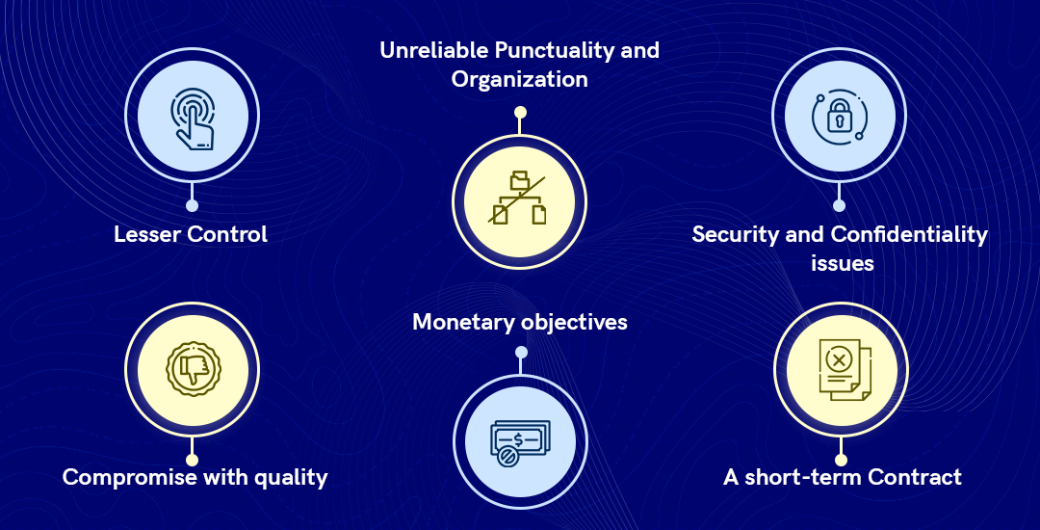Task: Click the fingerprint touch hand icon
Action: coord(193,119)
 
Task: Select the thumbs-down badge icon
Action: coord(193,369)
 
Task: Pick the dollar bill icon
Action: coord(520,441)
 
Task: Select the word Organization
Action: coord(519,80)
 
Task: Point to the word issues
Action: coord(843,263)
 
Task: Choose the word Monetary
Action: coord(463,323)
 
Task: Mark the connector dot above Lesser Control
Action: coord(192,205)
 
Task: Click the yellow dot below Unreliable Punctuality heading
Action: coord(521,112)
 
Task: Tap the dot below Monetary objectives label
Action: coord(521,352)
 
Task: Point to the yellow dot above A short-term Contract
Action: coord(841,460)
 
